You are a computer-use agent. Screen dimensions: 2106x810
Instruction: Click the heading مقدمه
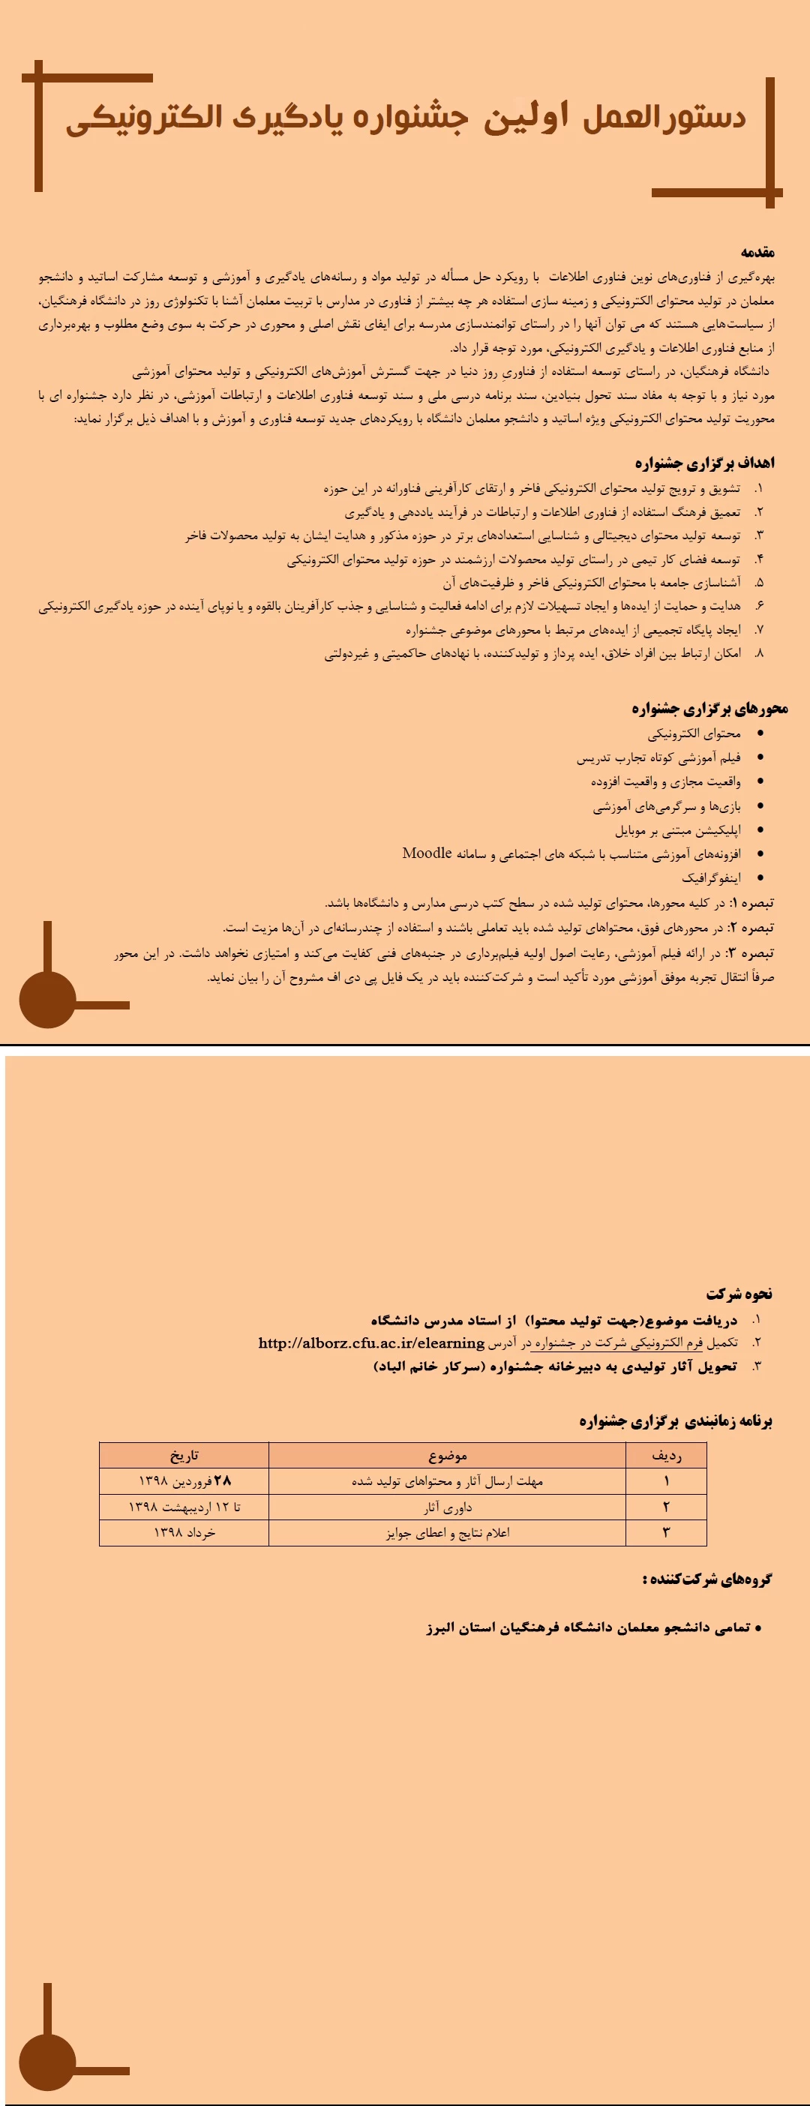click(x=757, y=252)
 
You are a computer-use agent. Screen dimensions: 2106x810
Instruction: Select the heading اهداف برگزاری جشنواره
click(x=703, y=463)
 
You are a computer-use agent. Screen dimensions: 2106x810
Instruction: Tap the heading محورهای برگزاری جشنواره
click(x=709, y=708)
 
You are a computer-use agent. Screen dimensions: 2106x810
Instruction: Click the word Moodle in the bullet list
click(x=427, y=853)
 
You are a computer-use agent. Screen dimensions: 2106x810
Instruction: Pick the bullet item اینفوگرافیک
click(x=711, y=877)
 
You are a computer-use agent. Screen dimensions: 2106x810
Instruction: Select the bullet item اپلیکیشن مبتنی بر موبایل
click(x=677, y=829)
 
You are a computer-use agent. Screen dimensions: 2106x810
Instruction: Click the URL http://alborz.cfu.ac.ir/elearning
click(x=371, y=1343)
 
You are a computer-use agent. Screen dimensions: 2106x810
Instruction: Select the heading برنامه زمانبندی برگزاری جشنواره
click(x=676, y=1421)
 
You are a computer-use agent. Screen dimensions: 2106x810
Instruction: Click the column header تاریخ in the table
click(x=184, y=1455)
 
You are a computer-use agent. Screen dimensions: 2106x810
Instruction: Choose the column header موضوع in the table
click(x=447, y=1455)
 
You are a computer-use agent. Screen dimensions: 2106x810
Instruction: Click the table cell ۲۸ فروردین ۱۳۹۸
click(x=184, y=1480)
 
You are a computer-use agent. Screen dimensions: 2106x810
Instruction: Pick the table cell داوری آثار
click(x=447, y=1507)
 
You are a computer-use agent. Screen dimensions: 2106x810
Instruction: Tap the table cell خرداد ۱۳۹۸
click(x=184, y=1532)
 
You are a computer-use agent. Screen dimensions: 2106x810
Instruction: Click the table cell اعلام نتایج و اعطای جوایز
click(x=447, y=1532)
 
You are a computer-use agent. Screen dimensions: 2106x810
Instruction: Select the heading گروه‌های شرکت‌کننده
click(x=707, y=1579)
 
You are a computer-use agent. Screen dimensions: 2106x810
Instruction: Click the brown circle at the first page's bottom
click(x=47, y=999)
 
